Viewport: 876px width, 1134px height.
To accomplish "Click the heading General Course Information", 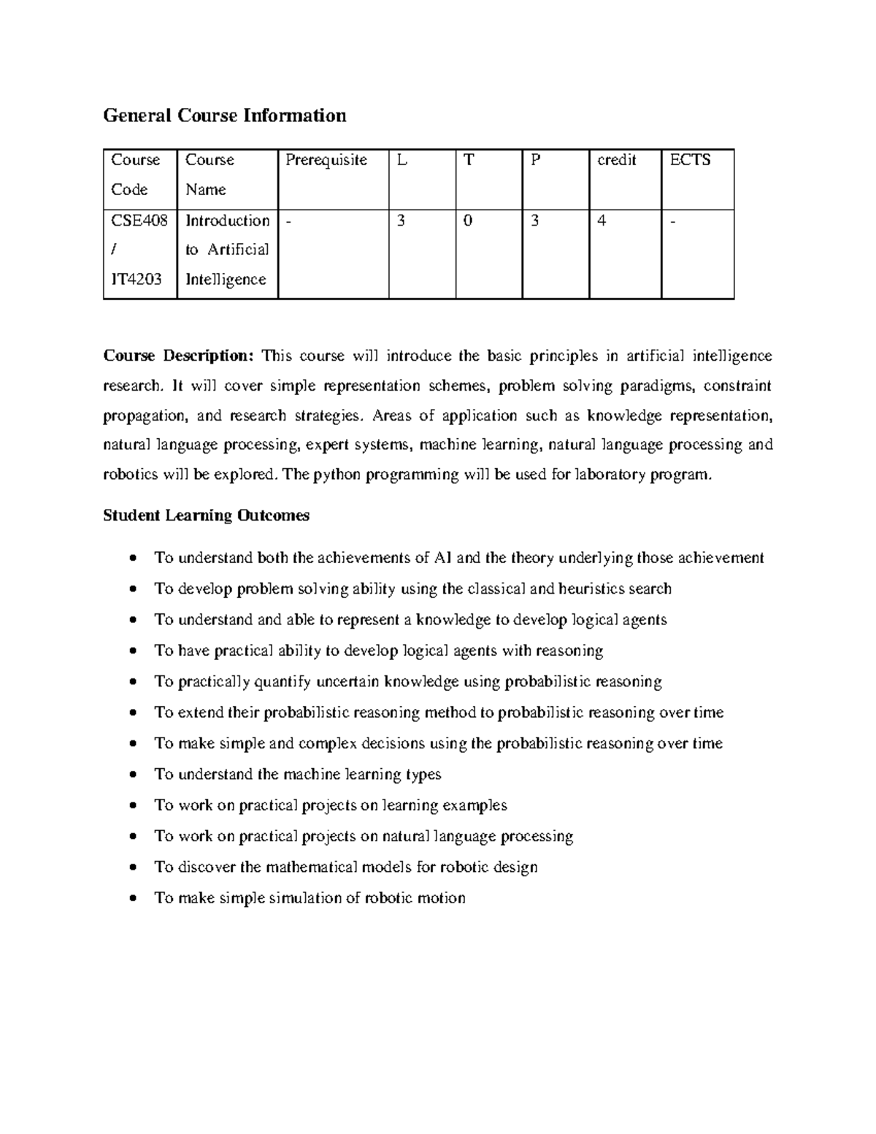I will tap(224, 115).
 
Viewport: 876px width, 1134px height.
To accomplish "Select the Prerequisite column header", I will tap(326, 160).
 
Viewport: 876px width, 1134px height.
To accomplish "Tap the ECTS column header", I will tap(690, 160).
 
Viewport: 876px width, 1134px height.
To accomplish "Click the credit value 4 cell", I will tap(602, 221).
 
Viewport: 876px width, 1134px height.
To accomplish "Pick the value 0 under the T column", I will tap(467, 221).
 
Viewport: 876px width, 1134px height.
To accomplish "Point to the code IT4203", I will tap(137, 279).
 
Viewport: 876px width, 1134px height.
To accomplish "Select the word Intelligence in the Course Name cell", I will tap(226, 279).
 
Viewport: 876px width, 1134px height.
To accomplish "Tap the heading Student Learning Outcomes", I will tap(206, 516).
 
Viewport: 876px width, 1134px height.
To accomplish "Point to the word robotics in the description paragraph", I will tap(130, 475).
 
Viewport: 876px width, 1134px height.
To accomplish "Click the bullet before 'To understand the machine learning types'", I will tap(132, 775).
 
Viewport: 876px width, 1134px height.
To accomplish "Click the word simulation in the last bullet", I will tap(304, 898).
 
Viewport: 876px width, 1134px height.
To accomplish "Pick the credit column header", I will tap(617, 160).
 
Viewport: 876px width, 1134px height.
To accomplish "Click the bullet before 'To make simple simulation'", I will tap(132, 898).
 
